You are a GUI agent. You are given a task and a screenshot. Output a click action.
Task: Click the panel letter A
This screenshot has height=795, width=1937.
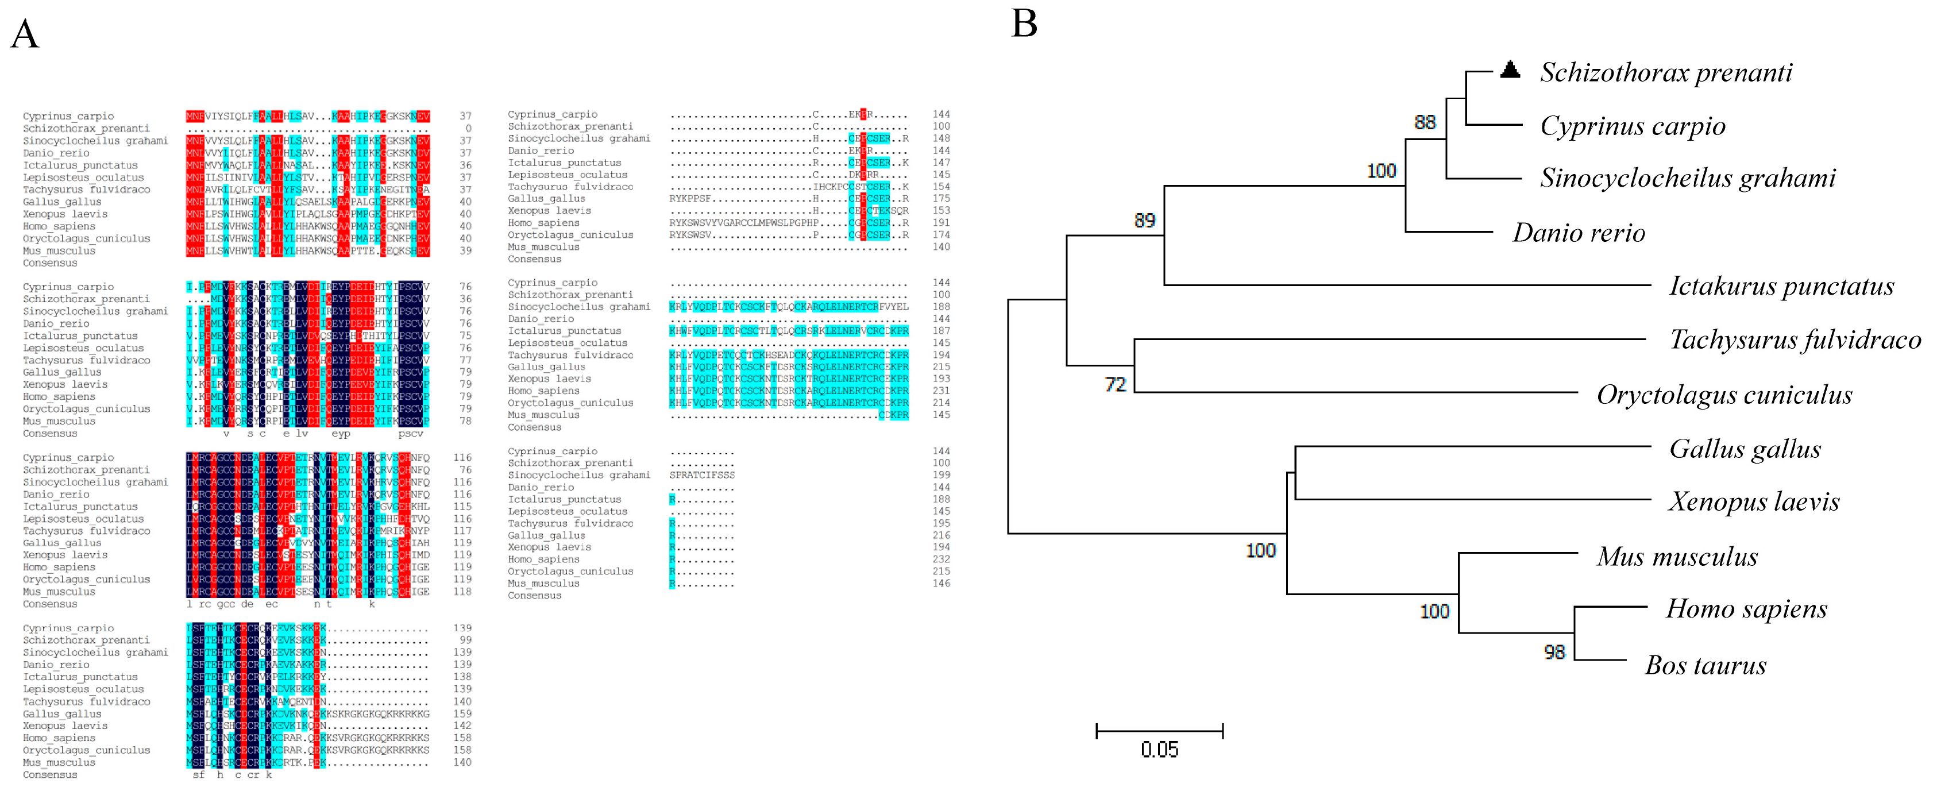click(x=25, y=34)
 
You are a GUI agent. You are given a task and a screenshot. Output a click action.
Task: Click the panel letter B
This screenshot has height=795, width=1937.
click(x=1024, y=24)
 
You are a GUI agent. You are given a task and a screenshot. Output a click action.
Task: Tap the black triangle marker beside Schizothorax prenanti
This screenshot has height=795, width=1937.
click(x=1510, y=70)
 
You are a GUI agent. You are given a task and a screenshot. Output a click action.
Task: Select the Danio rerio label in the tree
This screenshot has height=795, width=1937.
click(x=1579, y=233)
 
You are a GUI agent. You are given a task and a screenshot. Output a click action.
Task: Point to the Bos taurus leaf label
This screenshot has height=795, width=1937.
click(x=1706, y=666)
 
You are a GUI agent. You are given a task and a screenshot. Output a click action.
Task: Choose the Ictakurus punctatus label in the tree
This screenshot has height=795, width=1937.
click(x=1781, y=287)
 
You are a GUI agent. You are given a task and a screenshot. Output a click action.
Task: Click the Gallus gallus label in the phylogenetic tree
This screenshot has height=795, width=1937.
click(x=1745, y=449)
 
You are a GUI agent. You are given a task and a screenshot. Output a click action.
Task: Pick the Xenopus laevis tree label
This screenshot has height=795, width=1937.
click(x=1754, y=501)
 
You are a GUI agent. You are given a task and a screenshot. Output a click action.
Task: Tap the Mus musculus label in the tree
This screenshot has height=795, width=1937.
click(x=1677, y=557)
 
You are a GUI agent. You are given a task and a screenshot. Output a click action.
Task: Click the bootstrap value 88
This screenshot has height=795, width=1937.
click(x=1424, y=122)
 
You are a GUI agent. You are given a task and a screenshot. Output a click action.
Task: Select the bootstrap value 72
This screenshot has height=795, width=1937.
click(x=1115, y=385)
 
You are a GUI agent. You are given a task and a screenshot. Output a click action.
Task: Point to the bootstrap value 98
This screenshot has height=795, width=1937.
click(x=1554, y=652)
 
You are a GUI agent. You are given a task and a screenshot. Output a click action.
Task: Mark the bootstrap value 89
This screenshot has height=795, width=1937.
click(x=1144, y=221)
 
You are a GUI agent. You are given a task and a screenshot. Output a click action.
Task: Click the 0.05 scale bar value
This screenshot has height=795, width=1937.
click(x=1159, y=750)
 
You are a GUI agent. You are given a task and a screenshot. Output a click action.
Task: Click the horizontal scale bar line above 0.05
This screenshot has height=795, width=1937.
click(x=1159, y=730)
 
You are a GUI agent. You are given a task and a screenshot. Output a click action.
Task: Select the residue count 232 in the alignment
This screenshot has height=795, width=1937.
click(x=941, y=559)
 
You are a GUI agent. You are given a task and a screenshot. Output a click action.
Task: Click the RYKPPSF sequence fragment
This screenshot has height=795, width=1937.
click(x=690, y=199)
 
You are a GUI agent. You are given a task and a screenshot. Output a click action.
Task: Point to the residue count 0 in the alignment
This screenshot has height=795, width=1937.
click(x=468, y=129)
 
